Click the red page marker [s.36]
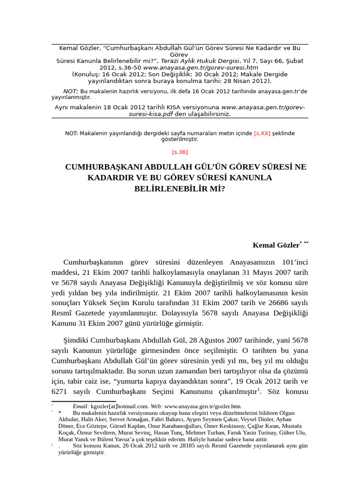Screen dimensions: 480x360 tap(180, 152)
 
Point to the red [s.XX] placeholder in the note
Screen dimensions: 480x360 tap(262, 133)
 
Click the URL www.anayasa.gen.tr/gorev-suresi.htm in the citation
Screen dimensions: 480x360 tap(201, 67)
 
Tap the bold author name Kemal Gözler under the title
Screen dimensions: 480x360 tap(276, 245)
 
